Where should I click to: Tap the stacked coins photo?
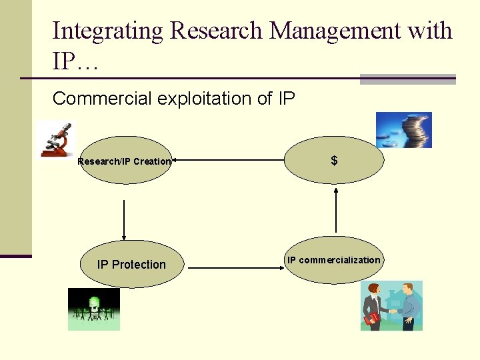[x=403, y=129]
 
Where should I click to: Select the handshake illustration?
[x=391, y=305]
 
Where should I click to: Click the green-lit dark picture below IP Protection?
[x=94, y=309]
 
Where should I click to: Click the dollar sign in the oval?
[x=334, y=161]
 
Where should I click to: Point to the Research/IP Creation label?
[x=124, y=161]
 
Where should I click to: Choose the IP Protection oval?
[x=131, y=264]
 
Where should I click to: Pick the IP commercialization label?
[x=333, y=260]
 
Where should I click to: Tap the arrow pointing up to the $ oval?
[x=336, y=209]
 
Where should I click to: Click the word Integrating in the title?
[x=107, y=31]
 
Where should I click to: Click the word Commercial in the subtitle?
[x=102, y=99]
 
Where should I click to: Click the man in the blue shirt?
[x=408, y=305]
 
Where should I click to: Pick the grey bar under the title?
[x=407, y=79]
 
